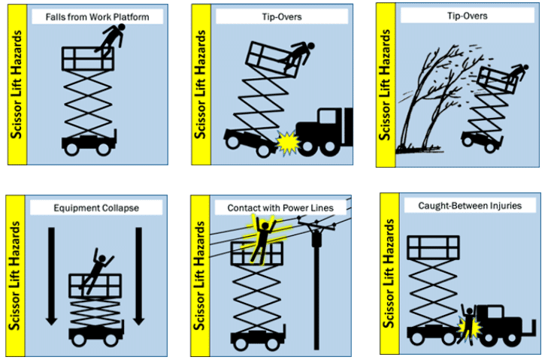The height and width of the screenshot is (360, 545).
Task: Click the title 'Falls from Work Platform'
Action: pos(97,17)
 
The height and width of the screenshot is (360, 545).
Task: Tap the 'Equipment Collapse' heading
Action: pos(96,207)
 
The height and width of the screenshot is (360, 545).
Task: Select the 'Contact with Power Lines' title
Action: pos(280,207)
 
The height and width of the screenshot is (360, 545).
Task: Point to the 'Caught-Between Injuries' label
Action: pos(470,206)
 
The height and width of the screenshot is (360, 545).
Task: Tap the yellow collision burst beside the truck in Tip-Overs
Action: pos(288,143)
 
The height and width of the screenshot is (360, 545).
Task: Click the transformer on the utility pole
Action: pos(316,238)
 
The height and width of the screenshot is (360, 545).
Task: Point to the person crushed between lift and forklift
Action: pos(469,323)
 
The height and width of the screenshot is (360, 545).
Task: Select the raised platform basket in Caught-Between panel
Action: pos(434,247)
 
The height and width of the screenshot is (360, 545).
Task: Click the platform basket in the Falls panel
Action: pos(88,59)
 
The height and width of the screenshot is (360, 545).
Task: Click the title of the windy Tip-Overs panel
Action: pos(467,16)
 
